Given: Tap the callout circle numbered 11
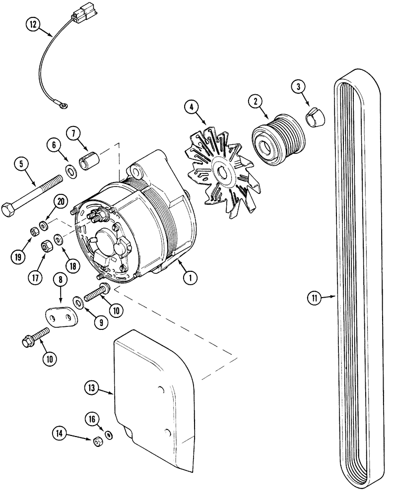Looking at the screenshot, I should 313,298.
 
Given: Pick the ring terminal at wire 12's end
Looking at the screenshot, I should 63,104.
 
